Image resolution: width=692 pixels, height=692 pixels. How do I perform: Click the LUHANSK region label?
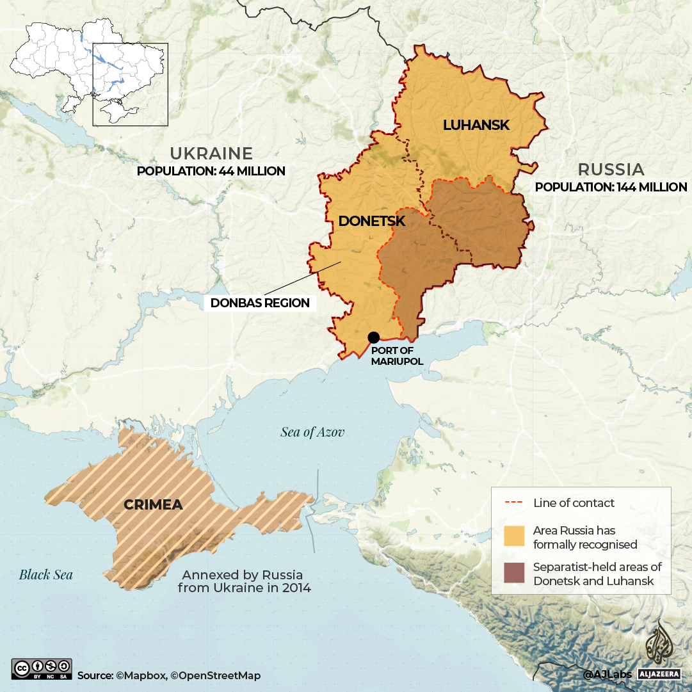476,125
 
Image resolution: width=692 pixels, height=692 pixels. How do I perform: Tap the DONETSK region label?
372,221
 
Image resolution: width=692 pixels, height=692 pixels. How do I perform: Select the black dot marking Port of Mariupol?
374,337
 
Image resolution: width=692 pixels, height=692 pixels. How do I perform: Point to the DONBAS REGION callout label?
260,303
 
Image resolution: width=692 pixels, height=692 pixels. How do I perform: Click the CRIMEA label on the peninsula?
153,504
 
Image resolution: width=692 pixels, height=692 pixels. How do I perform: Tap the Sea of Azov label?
312,432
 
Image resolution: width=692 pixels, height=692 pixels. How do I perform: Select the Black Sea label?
45,574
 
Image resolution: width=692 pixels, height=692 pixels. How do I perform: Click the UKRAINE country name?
211,154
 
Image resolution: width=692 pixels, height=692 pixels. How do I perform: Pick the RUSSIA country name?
611,170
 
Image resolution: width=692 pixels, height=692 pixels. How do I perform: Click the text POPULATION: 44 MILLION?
211,172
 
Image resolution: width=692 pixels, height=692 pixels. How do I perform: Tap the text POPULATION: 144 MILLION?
611,188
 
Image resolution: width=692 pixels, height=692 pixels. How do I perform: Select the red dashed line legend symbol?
514,503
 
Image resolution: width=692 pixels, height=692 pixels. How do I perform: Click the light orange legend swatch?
514,538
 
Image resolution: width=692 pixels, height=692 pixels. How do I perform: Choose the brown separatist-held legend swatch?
514,574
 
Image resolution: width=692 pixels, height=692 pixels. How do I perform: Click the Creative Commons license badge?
42,668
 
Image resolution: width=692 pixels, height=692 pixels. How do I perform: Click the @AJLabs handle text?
607,674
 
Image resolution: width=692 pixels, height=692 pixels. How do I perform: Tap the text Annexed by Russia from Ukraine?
244,581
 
